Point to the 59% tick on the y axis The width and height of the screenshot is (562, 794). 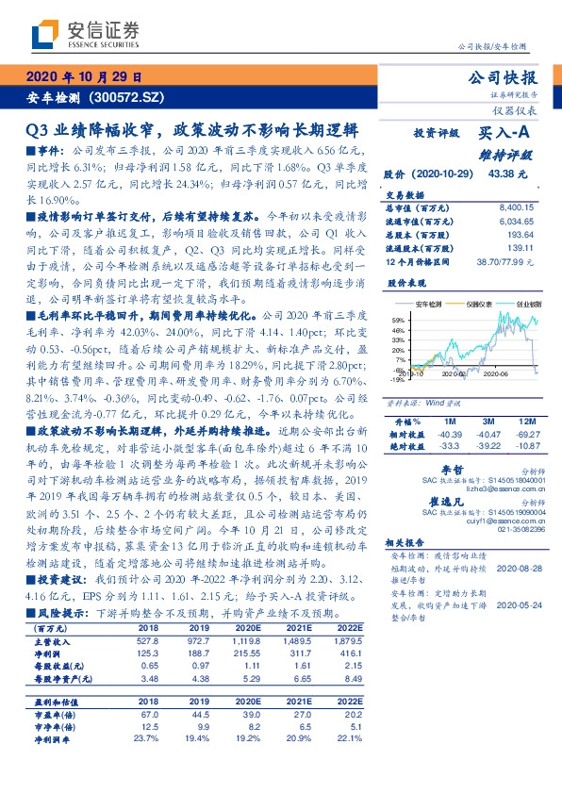[399, 321]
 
